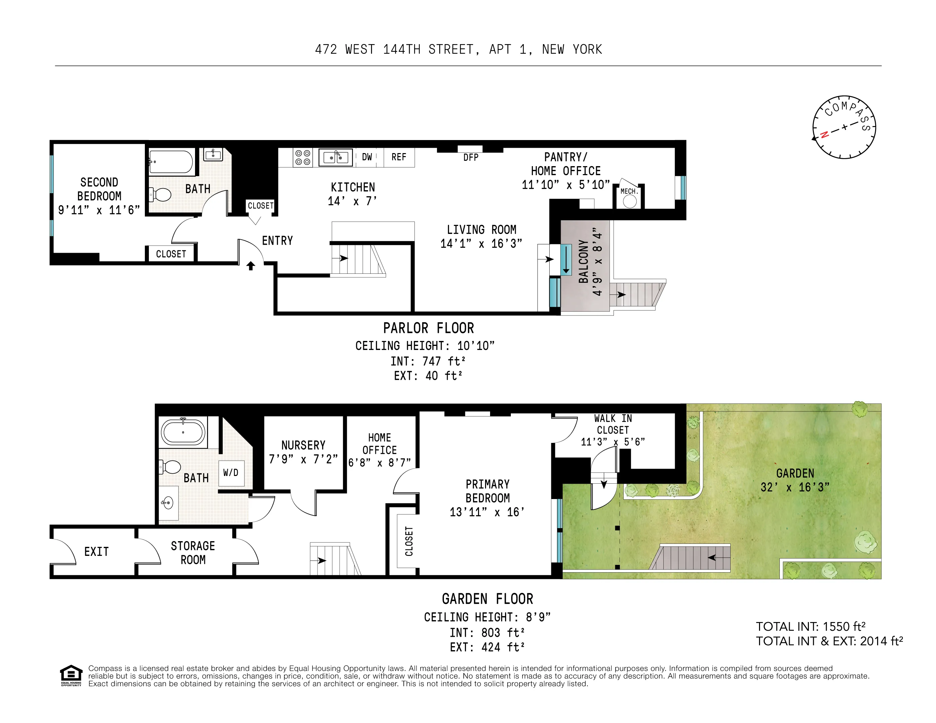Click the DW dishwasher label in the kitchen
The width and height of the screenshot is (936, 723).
(x=367, y=157)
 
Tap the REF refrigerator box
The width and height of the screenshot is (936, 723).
(x=398, y=157)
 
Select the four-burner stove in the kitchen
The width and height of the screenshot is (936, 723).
(x=302, y=157)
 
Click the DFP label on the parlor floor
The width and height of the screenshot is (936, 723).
(x=471, y=158)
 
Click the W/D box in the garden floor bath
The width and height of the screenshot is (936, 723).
(x=231, y=473)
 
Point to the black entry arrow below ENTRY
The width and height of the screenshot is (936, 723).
(x=251, y=266)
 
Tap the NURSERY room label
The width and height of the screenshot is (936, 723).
(x=303, y=446)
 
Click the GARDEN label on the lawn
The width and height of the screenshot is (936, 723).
(x=795, y=473)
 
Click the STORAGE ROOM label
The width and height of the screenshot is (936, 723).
(x=193, y=553)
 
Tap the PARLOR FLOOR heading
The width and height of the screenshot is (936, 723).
(x=428, y=329)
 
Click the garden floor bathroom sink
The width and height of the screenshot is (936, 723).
(x=168, y=502)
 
